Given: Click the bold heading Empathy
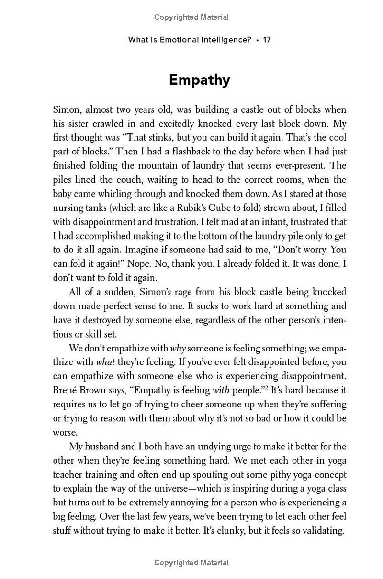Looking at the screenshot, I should point(199,79).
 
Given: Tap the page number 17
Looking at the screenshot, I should point(267,40).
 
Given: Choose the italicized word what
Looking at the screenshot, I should point(105,362).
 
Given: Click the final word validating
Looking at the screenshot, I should point(322,531).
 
